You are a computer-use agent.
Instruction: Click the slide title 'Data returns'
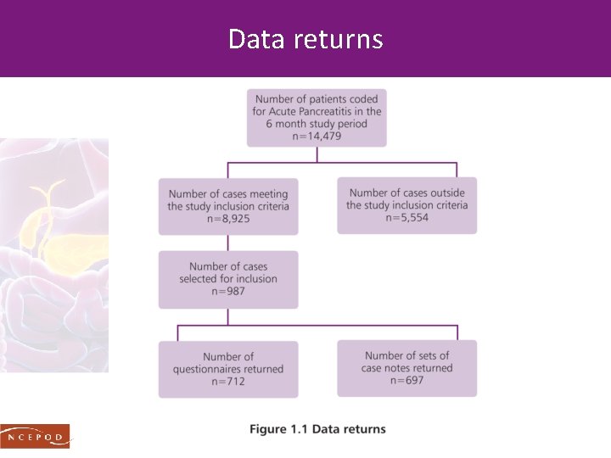[x=305, y=39]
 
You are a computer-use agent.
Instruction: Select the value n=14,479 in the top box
[x=316, y=136]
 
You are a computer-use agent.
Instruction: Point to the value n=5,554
[x=406, y=217]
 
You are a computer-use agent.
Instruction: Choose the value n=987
[x=227, y=291]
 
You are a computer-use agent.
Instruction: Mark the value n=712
[x=227, y=382]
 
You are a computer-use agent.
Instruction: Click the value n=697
[x=406, y=380]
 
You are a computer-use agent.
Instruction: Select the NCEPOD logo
[x=35, y=435]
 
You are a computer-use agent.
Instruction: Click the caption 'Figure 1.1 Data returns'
[x=317, y=429]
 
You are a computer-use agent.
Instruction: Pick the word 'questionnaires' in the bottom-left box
[x=212, y=369]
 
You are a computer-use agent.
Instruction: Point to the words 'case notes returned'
[x=406, y=368]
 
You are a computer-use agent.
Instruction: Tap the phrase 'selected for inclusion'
[x=227, y=279]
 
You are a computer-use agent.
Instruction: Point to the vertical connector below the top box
[x=317, y=154]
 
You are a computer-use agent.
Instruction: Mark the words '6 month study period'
[x=316, y=124]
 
